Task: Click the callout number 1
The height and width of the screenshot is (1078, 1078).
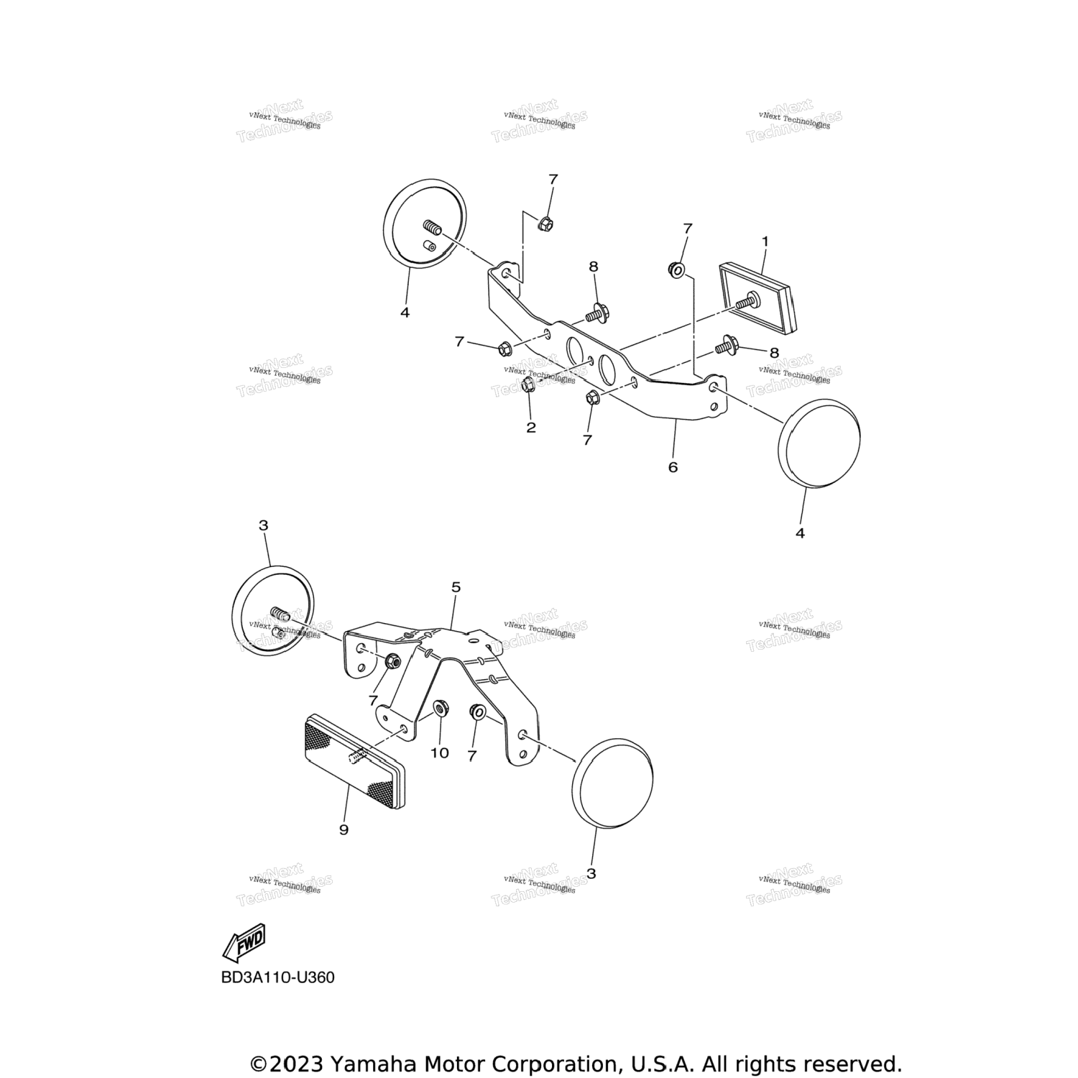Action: point(765,241)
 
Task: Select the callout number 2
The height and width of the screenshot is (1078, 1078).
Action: point(531,428)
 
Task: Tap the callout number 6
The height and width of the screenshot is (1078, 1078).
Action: point(673,467)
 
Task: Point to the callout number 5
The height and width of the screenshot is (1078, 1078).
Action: point(456,587)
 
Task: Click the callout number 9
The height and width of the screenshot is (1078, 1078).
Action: point(344,829)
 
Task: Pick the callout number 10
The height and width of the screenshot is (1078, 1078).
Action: point(439,752)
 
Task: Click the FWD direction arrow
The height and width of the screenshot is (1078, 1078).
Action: point(245,942)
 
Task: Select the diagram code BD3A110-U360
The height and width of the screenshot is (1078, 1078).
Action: point(277,977)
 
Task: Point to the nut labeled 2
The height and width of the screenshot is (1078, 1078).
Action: point(527,386)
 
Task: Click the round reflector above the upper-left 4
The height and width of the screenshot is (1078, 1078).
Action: point(425,223)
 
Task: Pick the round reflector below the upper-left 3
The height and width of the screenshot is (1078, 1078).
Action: point(274,610)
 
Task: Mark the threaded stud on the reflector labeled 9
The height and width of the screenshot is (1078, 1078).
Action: point(357,757)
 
